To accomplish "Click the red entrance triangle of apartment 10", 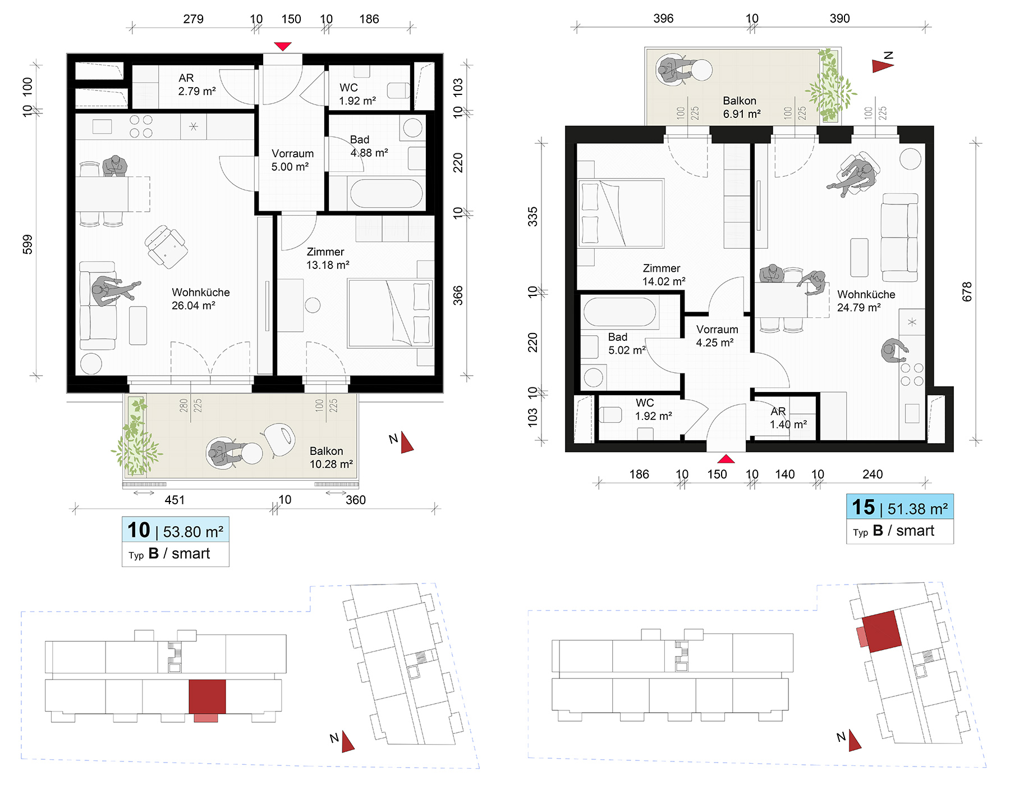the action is tap(283, 46).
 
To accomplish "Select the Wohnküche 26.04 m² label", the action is tap(200, 299).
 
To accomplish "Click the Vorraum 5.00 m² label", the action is tap(292, 160).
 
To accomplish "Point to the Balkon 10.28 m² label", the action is tap(331, 458).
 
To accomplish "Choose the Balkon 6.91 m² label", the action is tap(741, 107).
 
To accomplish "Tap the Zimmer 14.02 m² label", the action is tap(663, 275).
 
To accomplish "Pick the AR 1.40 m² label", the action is tap(788, 418).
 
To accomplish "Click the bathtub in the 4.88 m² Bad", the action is tap(387, 193).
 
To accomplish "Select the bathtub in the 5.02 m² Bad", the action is tap(619, 312).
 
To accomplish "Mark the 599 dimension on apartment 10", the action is tap(27, 244).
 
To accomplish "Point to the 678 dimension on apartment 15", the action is tap(966, 292).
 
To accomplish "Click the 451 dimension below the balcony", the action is tap(175, 500).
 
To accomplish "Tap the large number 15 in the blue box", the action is tap(863, 507).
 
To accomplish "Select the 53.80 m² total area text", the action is tap(193, 531).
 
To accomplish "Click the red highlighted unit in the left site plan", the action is tap(207, 697).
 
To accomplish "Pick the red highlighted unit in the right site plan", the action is tap(882, 631).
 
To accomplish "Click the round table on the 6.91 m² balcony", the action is tap(701, 70).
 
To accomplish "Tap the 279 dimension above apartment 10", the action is tap(194, 19).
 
